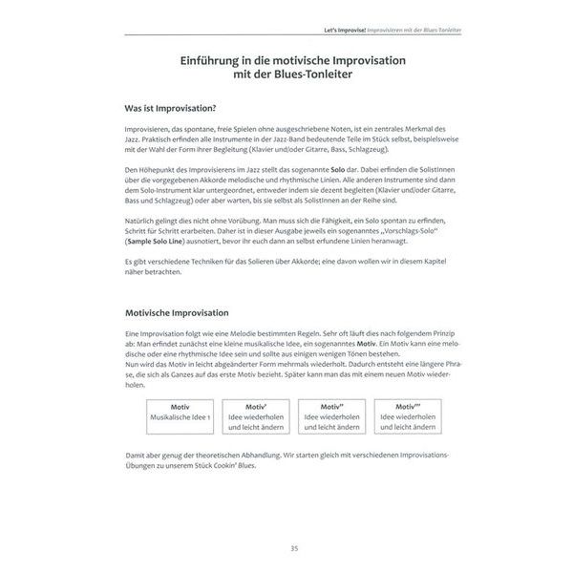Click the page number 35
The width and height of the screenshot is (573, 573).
coord(293,547)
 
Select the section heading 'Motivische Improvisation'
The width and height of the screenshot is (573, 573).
coord(182,312)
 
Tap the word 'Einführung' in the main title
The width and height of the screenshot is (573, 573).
coord(218,60)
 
